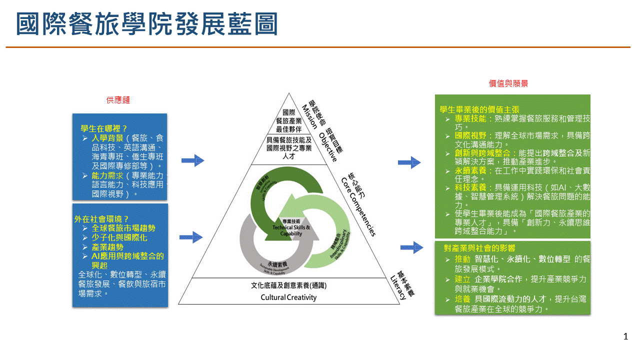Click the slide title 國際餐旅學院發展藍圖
click(146, 24)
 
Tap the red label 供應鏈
click(118, 100)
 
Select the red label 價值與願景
click(508, 83)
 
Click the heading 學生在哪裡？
click(104, 128)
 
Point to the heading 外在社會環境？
click(102, 218)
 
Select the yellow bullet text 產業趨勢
click(107, 247)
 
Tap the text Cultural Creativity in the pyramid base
click(288, 297)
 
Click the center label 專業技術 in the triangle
click(291, 221)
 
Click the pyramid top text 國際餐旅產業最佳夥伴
click(288, 120)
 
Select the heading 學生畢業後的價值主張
click(479, 109)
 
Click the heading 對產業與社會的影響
click(479, 248)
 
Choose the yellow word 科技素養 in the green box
click(470, 187)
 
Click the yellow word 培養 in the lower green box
click(462, 299)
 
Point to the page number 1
click(625, 336)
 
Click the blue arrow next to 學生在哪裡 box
click(192, 160)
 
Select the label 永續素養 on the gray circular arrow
click(277, 263)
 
